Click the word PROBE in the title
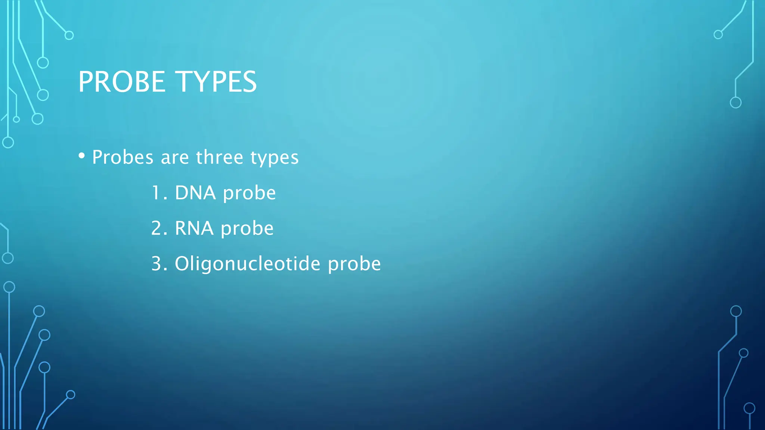(x=122, y=82)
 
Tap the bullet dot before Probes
(x=81, y=156)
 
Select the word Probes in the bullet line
(x=123, y=157)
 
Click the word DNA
(x=195, y=193)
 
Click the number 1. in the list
(x=159, y=193)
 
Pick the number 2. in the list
(x=159, y=228)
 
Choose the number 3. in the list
(x=159, y=264)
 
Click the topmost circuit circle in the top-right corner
(x=718, y=35)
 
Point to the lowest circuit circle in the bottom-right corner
(x=749, y=408)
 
